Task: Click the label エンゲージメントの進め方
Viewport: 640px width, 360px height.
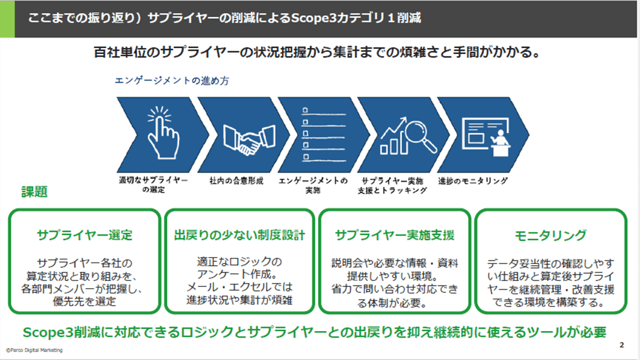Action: click(172, 82)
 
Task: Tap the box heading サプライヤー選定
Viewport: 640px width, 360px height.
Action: click(85, 235)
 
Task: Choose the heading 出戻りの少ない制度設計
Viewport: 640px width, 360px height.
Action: click(240, 235)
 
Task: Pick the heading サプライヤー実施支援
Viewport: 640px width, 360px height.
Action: click(394, 235)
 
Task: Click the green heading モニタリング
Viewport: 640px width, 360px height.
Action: click(550, 235)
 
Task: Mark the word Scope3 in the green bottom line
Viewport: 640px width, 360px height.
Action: click(48, 331)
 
